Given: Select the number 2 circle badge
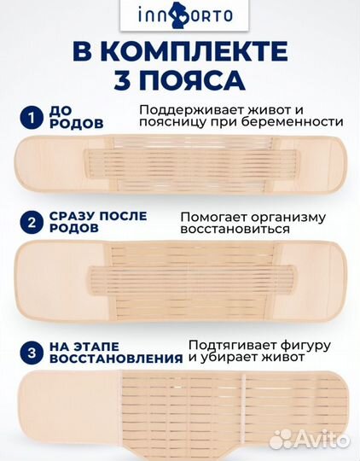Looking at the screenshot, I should [x=30, y=224].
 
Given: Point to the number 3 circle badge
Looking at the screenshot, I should [x=30, y=350].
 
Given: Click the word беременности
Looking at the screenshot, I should [x=293, y=122].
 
